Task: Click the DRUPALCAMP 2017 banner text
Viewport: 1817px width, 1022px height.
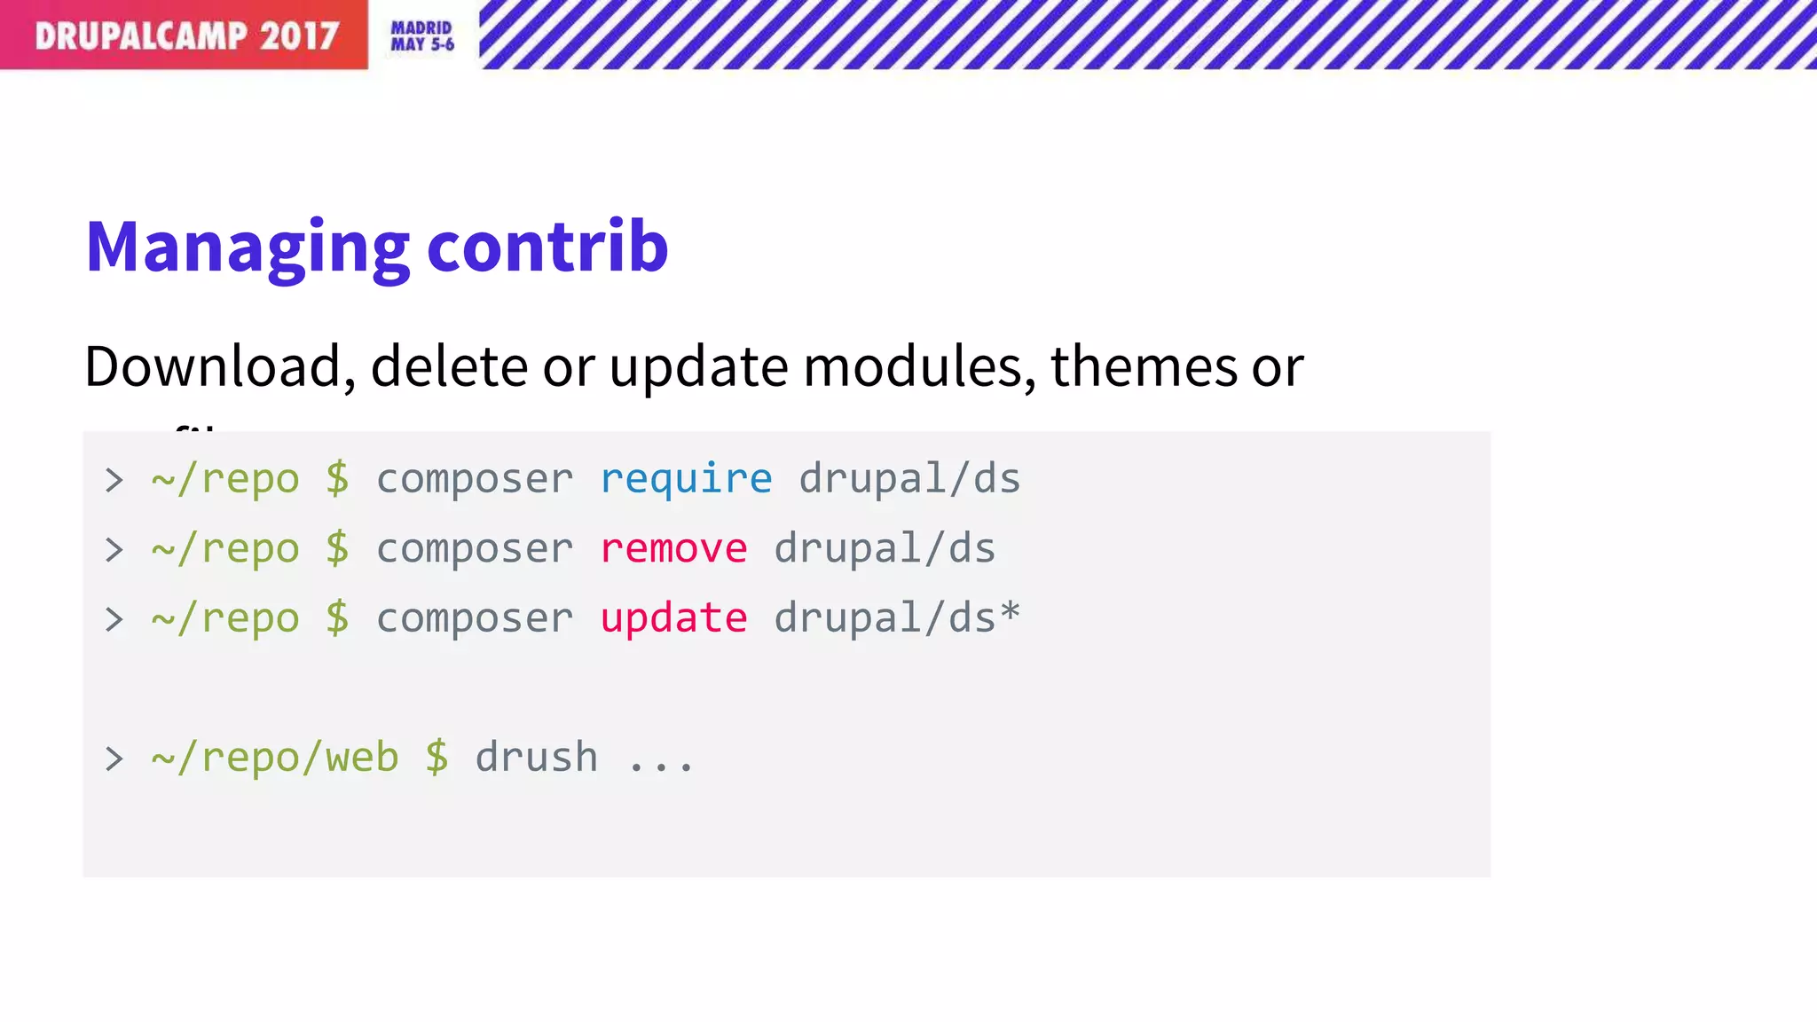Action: coord(186,35)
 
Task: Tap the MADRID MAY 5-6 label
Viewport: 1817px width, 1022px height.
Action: coord(422,36)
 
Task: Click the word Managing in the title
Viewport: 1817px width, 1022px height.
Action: coord(248,248)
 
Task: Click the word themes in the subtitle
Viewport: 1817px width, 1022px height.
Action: coord(1144,366)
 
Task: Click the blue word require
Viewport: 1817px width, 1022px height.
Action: coord(686,479)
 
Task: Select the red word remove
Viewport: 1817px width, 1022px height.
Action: coord(673,548)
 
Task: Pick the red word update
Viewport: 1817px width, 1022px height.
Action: coord(673,618)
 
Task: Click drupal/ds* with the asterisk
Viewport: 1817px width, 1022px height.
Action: coord(897,617)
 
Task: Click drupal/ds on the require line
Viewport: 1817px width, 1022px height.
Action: coord(909,479)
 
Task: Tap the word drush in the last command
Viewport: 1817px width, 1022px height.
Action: coord(536,758)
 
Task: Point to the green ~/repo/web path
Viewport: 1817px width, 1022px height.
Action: coord(275,758)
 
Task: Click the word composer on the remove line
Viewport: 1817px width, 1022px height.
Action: coord(475,548)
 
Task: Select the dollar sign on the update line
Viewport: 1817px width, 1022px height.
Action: coord(337,617)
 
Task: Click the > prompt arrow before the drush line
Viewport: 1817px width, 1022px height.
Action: coord(114,759)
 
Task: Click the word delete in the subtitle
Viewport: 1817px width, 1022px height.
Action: coord(449,366)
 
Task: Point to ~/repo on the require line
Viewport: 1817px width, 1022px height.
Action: coord(225,479)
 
